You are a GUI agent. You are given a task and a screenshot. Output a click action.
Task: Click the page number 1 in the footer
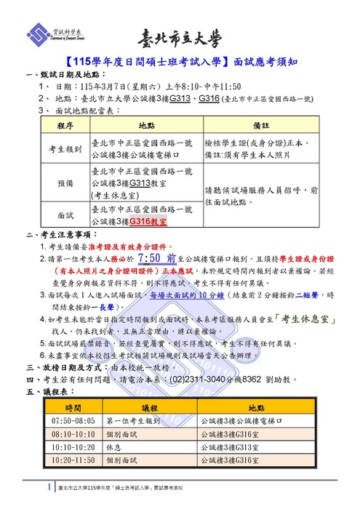[49, 486]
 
